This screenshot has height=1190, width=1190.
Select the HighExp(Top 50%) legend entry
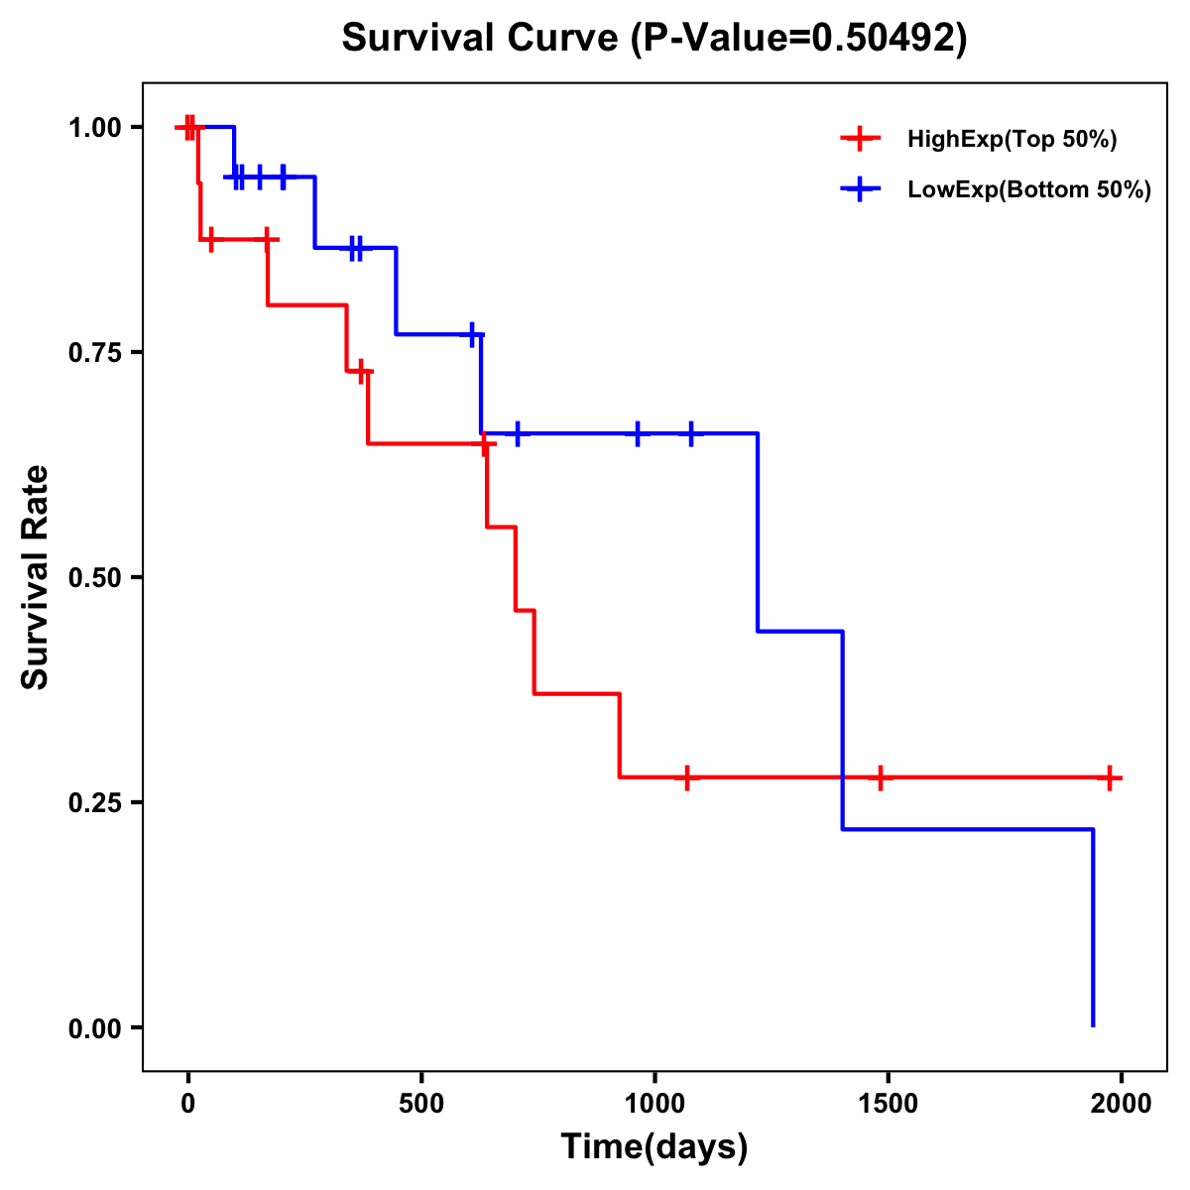click(1011, 140)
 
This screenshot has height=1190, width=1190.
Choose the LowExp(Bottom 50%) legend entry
click(1028, 189)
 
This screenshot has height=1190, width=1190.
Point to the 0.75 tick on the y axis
click(93, 352)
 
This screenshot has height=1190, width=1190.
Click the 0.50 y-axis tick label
click(93, 577)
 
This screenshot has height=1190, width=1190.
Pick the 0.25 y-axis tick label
click(93, 802)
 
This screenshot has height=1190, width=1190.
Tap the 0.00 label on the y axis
click(93, 1027)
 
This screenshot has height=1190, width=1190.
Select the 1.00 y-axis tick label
click(93, 127)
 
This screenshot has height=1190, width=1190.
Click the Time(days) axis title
click(654, 1146)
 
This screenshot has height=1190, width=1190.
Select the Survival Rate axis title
click(36, 577)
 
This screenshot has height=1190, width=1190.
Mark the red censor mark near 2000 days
click(1110, 777)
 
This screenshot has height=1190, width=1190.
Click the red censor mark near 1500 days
click(879, 777)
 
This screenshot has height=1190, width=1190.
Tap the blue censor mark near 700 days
click(517, 433)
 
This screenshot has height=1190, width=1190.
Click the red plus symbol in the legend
click(860, 140)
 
